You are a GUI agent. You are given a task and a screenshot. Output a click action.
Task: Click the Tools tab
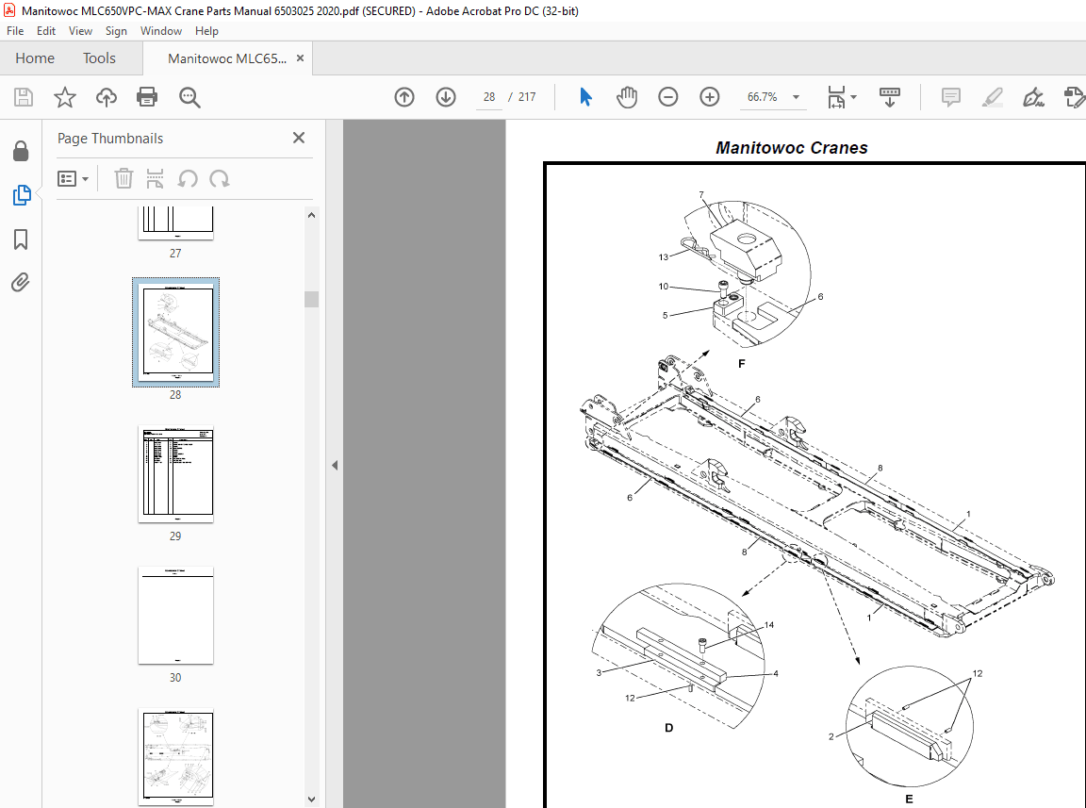coord(99,58)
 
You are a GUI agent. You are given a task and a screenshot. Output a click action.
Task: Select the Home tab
coord(35,58)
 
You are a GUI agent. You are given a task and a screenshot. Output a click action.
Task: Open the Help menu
coord(206,31)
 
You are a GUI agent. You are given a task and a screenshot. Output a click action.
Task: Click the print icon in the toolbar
coord(147,97)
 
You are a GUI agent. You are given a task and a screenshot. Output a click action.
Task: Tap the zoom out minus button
coord(668,97)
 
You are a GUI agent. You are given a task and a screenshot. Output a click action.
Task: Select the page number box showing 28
coord(488,97)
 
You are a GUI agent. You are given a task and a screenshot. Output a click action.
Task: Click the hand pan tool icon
coord(627,97)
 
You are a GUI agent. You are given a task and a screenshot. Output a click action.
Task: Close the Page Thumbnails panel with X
coord(299,138)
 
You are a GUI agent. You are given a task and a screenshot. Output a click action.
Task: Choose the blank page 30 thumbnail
coord(175,616)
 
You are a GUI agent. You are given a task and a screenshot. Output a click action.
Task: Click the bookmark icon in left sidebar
coord(21,239)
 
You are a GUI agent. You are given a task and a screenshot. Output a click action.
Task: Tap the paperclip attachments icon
coord(21,282)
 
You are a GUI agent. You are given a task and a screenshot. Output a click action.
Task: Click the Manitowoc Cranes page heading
coord(791,148)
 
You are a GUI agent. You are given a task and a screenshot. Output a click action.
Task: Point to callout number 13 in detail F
coord(664,256)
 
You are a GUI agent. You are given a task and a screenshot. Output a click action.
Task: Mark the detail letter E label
coord(909,799)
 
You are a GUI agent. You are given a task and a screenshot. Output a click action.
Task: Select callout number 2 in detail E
coord(831,735)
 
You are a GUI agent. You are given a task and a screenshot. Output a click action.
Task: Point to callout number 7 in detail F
coord(701,194)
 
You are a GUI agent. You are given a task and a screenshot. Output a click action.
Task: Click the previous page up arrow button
coord(404,97)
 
